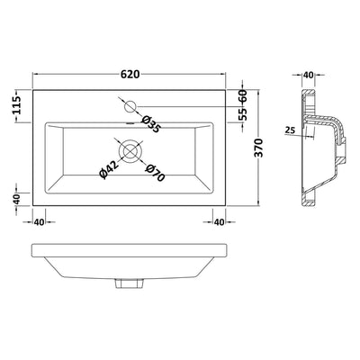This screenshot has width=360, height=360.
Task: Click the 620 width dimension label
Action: point(130,74)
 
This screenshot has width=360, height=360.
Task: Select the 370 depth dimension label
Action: point(258,148)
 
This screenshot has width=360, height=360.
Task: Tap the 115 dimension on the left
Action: point(16,105)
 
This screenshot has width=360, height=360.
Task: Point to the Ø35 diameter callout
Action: point(151,125)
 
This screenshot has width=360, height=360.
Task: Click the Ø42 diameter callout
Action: point(109,169)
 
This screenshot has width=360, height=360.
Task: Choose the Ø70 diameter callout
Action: point(155,173)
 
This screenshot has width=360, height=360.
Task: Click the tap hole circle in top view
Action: point(130,106)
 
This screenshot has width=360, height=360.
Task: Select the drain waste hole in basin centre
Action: point(130,150)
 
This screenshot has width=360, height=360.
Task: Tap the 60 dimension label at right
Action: point(243,96)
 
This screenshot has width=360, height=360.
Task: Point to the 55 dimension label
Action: point(244,113)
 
